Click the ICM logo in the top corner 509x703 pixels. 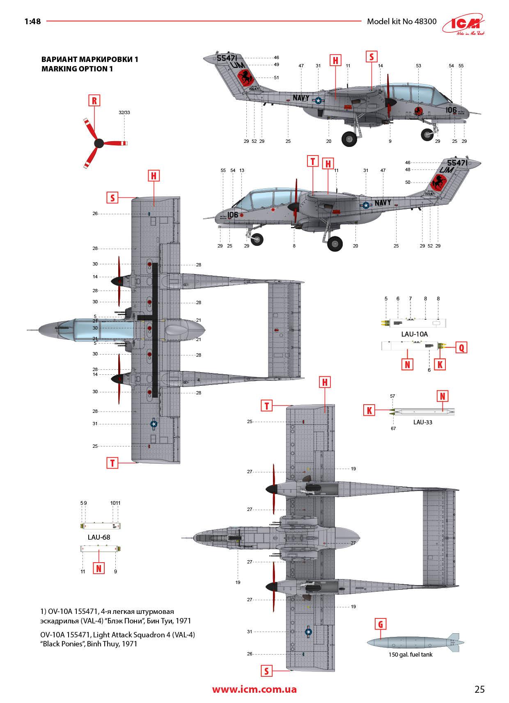[464, 26]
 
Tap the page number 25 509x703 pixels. [479, 689]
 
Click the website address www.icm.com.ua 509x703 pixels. [254, 689]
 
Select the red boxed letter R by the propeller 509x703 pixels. [94, 101]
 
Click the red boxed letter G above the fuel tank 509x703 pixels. [381, 625]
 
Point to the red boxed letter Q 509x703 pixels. [461, 348]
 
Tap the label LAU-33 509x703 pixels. [422, 422]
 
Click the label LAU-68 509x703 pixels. [99, 537]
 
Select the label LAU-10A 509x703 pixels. [414, 334]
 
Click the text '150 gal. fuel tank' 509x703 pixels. [410, 655]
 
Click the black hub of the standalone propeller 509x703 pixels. [99, 143]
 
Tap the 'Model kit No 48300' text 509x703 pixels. [401, 21]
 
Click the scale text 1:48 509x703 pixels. [33, 21]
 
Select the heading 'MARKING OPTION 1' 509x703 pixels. [77, 69]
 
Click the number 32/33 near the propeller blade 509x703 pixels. [124, 112]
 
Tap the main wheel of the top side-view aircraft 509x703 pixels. [349, 138]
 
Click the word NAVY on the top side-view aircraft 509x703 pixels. [300, 98]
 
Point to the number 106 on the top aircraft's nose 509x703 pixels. [451, 110]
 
